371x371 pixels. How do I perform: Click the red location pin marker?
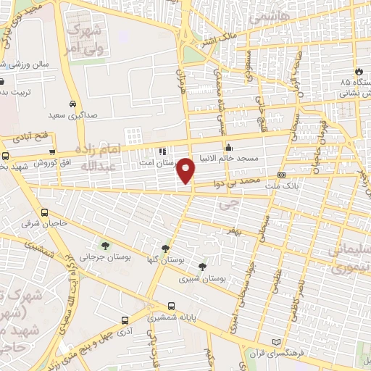tap(186, 170)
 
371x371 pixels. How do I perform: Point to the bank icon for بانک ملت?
tap(282, 175)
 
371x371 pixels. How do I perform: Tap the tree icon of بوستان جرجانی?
tap(106, 245)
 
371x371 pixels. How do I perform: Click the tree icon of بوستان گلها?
tap(170, 248)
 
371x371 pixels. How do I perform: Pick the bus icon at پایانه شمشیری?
tap(171, 306)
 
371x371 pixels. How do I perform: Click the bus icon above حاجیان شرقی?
tap(45, 213)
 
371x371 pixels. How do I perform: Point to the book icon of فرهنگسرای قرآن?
tap(275, 342)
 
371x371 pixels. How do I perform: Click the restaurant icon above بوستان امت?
tap(162, 152)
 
